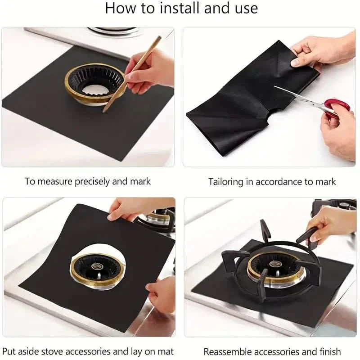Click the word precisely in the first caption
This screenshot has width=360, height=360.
(x=87, y=182)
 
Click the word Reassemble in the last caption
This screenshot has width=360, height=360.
(x=226, y=351)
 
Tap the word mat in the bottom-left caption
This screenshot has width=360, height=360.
(x=165, y=351)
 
